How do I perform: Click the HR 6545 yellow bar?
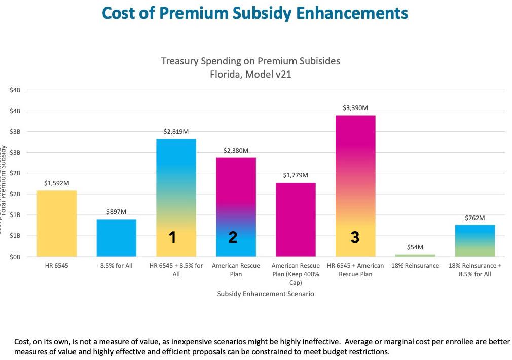tap(57, 223)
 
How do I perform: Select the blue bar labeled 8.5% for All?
tap(117, 237)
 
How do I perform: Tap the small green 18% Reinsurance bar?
tap(416, 255)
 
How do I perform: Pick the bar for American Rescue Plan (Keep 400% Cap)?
tap(296, 219)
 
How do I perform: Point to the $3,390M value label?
tap(356, 107)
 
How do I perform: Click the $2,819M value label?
tap(176, 131)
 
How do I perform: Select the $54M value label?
tap(415, 247)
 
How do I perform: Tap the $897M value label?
tap(117, 211)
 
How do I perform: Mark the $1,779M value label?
tap(296, 175)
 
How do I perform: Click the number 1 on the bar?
tap(172, 237)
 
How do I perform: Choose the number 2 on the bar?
tap(233, 237)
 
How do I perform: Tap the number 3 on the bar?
tap(355, 237)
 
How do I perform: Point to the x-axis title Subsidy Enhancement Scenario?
tap(265, 294)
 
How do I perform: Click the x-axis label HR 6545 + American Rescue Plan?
tap(356, 270)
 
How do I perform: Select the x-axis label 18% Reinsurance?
tap(416, 266)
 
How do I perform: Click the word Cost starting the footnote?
tap(23, 342)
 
